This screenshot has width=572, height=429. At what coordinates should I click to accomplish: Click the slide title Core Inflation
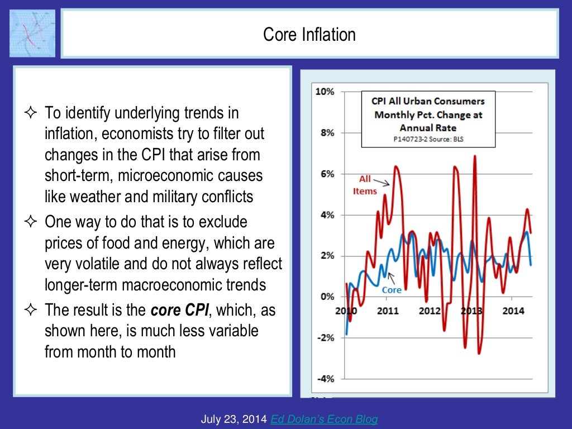pos(309,35)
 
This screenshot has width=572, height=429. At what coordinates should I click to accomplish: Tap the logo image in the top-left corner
pos(32,33)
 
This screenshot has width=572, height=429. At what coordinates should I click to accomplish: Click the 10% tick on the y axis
pos(325,92)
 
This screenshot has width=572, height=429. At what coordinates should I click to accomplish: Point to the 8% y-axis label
pos(327,133)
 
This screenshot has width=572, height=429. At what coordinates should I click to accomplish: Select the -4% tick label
pos(325,379)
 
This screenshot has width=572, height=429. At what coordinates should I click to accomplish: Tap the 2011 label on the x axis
pos(388,311)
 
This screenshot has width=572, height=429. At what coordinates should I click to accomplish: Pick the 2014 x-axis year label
pos(513,311)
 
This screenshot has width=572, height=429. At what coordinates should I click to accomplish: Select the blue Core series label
pos(392,290)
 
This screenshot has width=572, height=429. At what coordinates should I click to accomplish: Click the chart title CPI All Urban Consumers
pos(428,101)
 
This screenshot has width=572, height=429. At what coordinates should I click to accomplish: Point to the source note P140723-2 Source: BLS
pos(428,139)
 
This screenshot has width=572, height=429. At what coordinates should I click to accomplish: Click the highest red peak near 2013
pos(475,157)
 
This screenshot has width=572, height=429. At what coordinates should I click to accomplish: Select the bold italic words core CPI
pos(175,310)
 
